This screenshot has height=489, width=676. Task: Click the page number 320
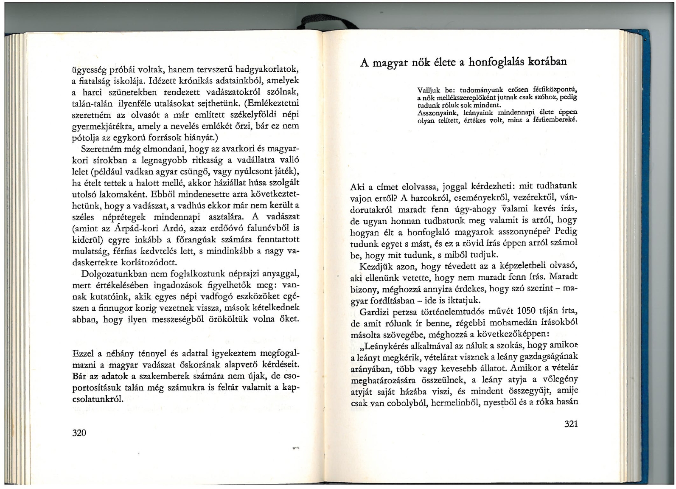(79, 433)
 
